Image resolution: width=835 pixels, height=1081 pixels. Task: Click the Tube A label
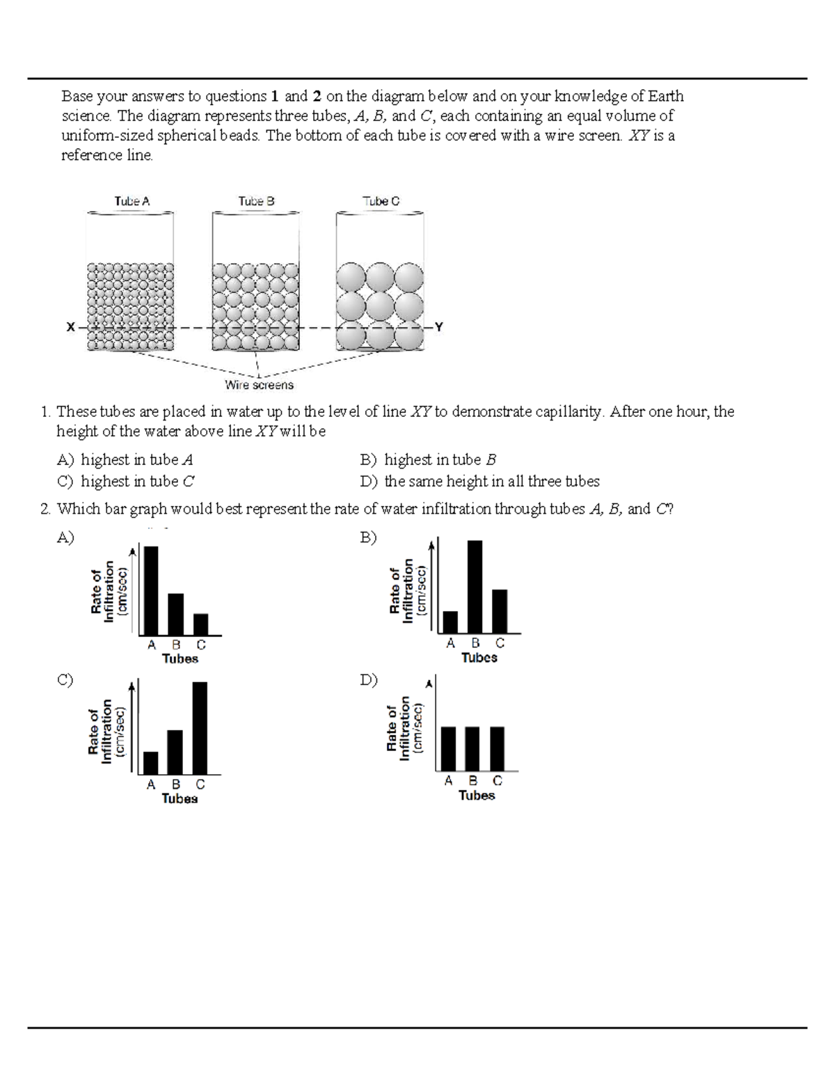point(132,201)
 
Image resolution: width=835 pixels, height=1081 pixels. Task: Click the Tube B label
point(256,201)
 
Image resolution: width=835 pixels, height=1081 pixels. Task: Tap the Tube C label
point(381,201)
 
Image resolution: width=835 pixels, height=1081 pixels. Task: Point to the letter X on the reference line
point(70,326)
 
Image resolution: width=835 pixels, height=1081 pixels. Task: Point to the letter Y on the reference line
point(438,326)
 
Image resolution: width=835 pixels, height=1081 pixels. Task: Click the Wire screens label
point(259,385)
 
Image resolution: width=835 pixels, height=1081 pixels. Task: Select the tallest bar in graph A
point(150,590)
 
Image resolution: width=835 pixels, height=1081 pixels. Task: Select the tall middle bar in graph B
point(475,586)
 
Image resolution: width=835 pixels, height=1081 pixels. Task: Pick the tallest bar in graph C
point(199,727)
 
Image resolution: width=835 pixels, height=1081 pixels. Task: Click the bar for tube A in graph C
point(150,762)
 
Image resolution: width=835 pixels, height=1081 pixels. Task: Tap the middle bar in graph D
point(472,748)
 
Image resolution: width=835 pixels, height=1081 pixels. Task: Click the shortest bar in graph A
point(200,624)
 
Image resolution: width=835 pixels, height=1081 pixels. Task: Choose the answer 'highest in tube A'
point(136,459)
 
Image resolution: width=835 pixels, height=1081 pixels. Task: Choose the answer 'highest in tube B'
point(440,459)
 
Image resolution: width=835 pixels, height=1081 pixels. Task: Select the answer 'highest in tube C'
point(137,481)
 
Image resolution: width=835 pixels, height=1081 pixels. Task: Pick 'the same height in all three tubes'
point(491,481)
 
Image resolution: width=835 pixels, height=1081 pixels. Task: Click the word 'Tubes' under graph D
point(477,796)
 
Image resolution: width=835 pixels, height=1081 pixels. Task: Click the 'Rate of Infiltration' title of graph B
point(401,590)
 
